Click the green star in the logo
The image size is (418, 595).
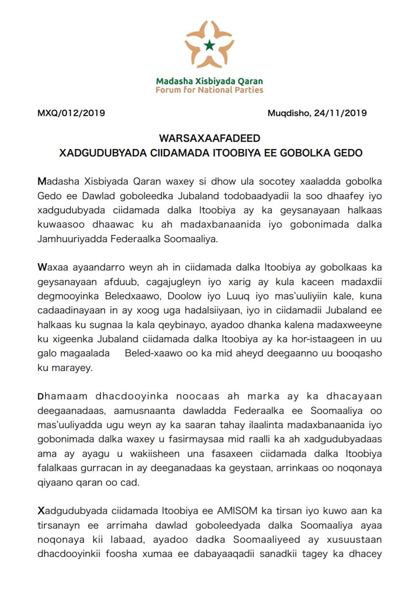209,45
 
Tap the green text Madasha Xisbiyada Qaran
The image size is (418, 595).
209,81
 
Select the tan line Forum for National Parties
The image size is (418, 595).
209,90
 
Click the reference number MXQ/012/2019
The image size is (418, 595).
71,113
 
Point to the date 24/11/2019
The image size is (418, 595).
340,113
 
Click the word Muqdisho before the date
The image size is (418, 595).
288,113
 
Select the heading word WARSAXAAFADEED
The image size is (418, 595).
209,138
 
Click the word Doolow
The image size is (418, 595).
187,296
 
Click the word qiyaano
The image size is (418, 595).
55,483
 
